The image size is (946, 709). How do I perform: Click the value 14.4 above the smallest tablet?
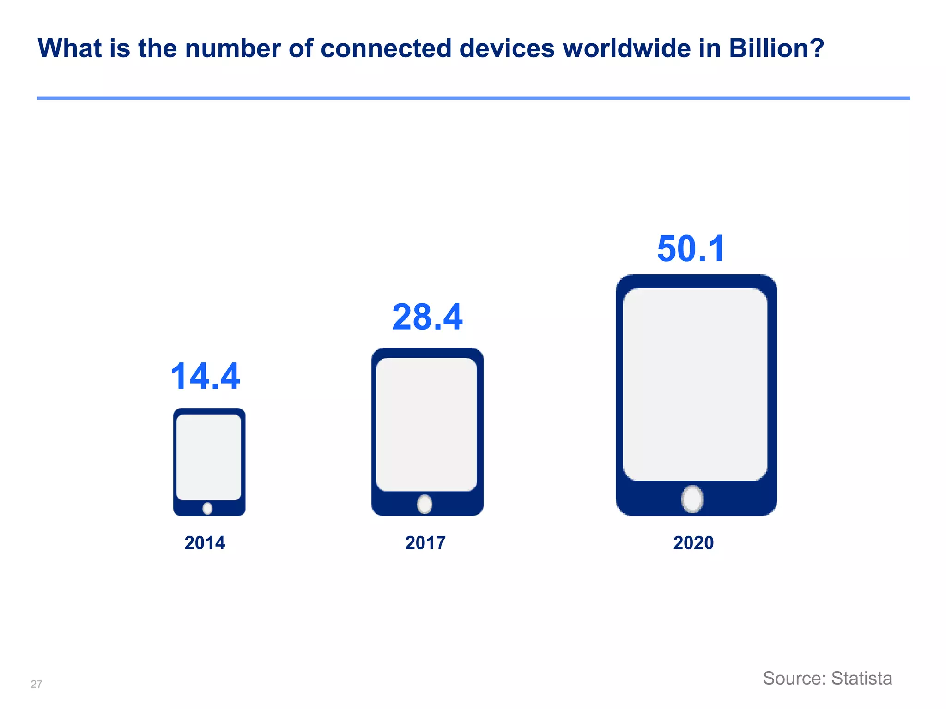pyautogui.click(x=205, y=376)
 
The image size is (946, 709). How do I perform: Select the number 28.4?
pyautogui.click(x=427, y=317)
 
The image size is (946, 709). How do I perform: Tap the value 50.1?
pyautogui.click(x=691, y=249)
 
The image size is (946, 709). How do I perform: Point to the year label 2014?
pyautogui.click(x=205, y=543)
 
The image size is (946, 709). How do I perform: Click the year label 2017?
pyautogui.click(x=425, y=543)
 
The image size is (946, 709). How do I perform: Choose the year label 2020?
pyautogui.click(x=693, y=543)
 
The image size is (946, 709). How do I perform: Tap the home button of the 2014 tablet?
pyautogui.click(x=208, y=508)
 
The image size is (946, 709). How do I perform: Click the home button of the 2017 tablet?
pyautogui.click(x=424, y=504)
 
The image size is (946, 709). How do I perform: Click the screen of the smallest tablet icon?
pyautogui.click(x=209, y=457)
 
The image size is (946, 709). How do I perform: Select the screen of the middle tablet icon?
pyautogui.click(x=426, y=424)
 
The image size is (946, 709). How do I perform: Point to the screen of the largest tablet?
pyautogui.click(x=695, y=384)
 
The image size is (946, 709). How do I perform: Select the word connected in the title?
pyautogui.click(x=386, y=48)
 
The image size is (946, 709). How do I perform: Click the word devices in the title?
pyautogui.click(x=507, y=48)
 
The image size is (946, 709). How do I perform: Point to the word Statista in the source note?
pyautogui.click(x=861, y=678)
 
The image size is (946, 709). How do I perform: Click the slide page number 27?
pyautogui.click(x=36, y=684)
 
